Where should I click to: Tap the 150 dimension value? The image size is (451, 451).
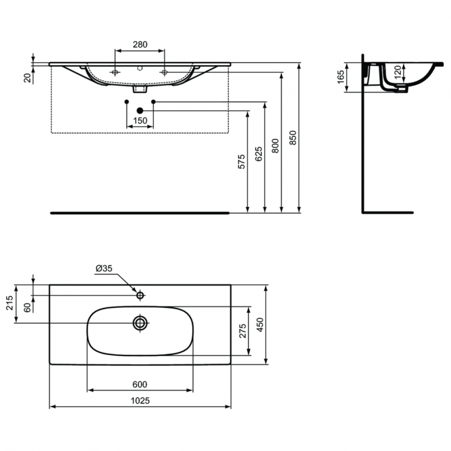140,120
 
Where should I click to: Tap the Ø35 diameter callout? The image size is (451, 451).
103,269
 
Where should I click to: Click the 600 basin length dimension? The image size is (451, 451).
140,385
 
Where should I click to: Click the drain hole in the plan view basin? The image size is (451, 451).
141,323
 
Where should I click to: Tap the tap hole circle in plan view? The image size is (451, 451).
140,295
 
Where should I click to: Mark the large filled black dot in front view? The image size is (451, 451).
140,111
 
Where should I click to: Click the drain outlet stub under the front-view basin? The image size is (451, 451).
140,88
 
